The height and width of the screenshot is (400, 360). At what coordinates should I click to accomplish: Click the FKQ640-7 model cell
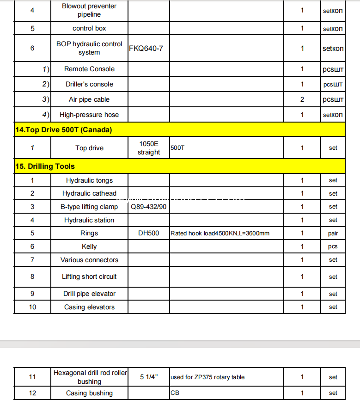(146, 49)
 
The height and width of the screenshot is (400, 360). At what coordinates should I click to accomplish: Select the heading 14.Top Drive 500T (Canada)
(64, 130)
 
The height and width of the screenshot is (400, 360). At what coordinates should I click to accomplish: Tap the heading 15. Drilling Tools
(45, 166)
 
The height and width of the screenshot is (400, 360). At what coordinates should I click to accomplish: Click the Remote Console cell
(89, 69)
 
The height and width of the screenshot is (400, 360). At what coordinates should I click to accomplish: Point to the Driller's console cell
(89, 84)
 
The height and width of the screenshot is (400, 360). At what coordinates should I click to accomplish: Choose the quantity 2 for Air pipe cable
(302, 99)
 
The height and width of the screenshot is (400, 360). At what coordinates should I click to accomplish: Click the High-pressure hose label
(89, 115)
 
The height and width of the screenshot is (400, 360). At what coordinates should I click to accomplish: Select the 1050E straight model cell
(149, 148)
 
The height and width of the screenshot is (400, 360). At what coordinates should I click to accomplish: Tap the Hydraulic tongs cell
(89, 180)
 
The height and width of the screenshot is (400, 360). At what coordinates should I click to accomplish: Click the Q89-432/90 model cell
(149, 207)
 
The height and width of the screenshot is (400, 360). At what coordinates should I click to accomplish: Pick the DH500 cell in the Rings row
(149, 233)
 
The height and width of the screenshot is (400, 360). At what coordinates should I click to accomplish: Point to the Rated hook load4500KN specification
(220, 234)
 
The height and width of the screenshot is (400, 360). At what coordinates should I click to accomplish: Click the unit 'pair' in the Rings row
(333, 234)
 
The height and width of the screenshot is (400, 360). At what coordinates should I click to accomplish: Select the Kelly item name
(89, 246)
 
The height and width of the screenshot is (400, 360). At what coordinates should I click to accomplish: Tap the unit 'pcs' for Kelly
(333, 246)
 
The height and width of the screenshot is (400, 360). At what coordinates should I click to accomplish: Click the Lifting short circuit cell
(89, 277)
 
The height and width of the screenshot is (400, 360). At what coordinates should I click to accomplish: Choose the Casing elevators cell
(89, 307)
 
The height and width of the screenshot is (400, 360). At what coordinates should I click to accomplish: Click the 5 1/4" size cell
(149, 377)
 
